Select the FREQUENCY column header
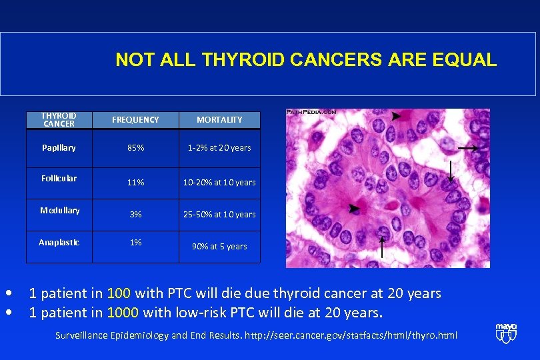[x=135, y=120]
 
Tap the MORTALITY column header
[x=219, y=120]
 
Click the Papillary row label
[x=59, y=147]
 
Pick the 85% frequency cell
[x=135, y=147]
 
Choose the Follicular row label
[x=59, y=179]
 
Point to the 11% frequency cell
[x=135, y=182]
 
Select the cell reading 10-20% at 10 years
[x=219, y=182]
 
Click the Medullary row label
[x=59, y=211]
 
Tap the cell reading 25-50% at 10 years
[x=219, y=214]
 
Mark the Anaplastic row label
[x=59, y=243]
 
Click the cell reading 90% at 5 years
[x=219, y=246]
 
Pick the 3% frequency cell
[x=135, y=214]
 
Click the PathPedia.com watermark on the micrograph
[x=311, y=112]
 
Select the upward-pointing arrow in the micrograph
[x=382, y=246]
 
